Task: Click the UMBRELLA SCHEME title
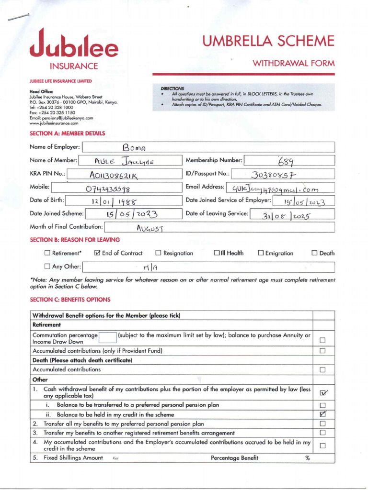click(x=268, y=41)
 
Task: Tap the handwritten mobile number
click(x=108, y=188)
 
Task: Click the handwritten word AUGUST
click(x=150, y=228)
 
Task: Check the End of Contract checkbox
click(x=97, y=253)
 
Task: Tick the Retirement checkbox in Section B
click(x=47, y=253)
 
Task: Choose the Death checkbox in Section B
click(x=315, y=253)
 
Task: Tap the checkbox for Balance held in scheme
click(x=322, y=414)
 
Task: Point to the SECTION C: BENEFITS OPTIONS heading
click(x=70, y=300)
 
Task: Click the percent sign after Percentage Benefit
click(x=307, y=458)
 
